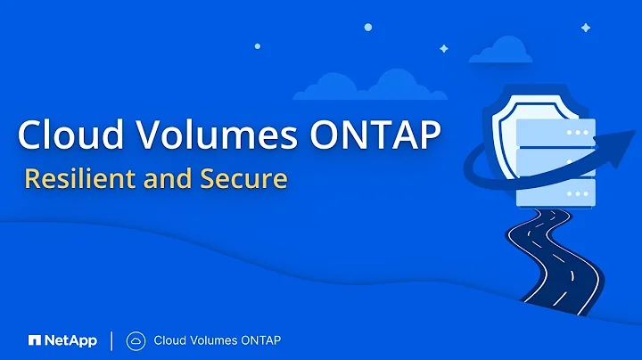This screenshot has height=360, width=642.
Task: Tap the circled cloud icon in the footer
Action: [x=136, y=340]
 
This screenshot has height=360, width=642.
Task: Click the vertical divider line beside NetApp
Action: [x=111, y=340]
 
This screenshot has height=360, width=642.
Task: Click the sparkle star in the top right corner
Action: [x=585, y=28]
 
